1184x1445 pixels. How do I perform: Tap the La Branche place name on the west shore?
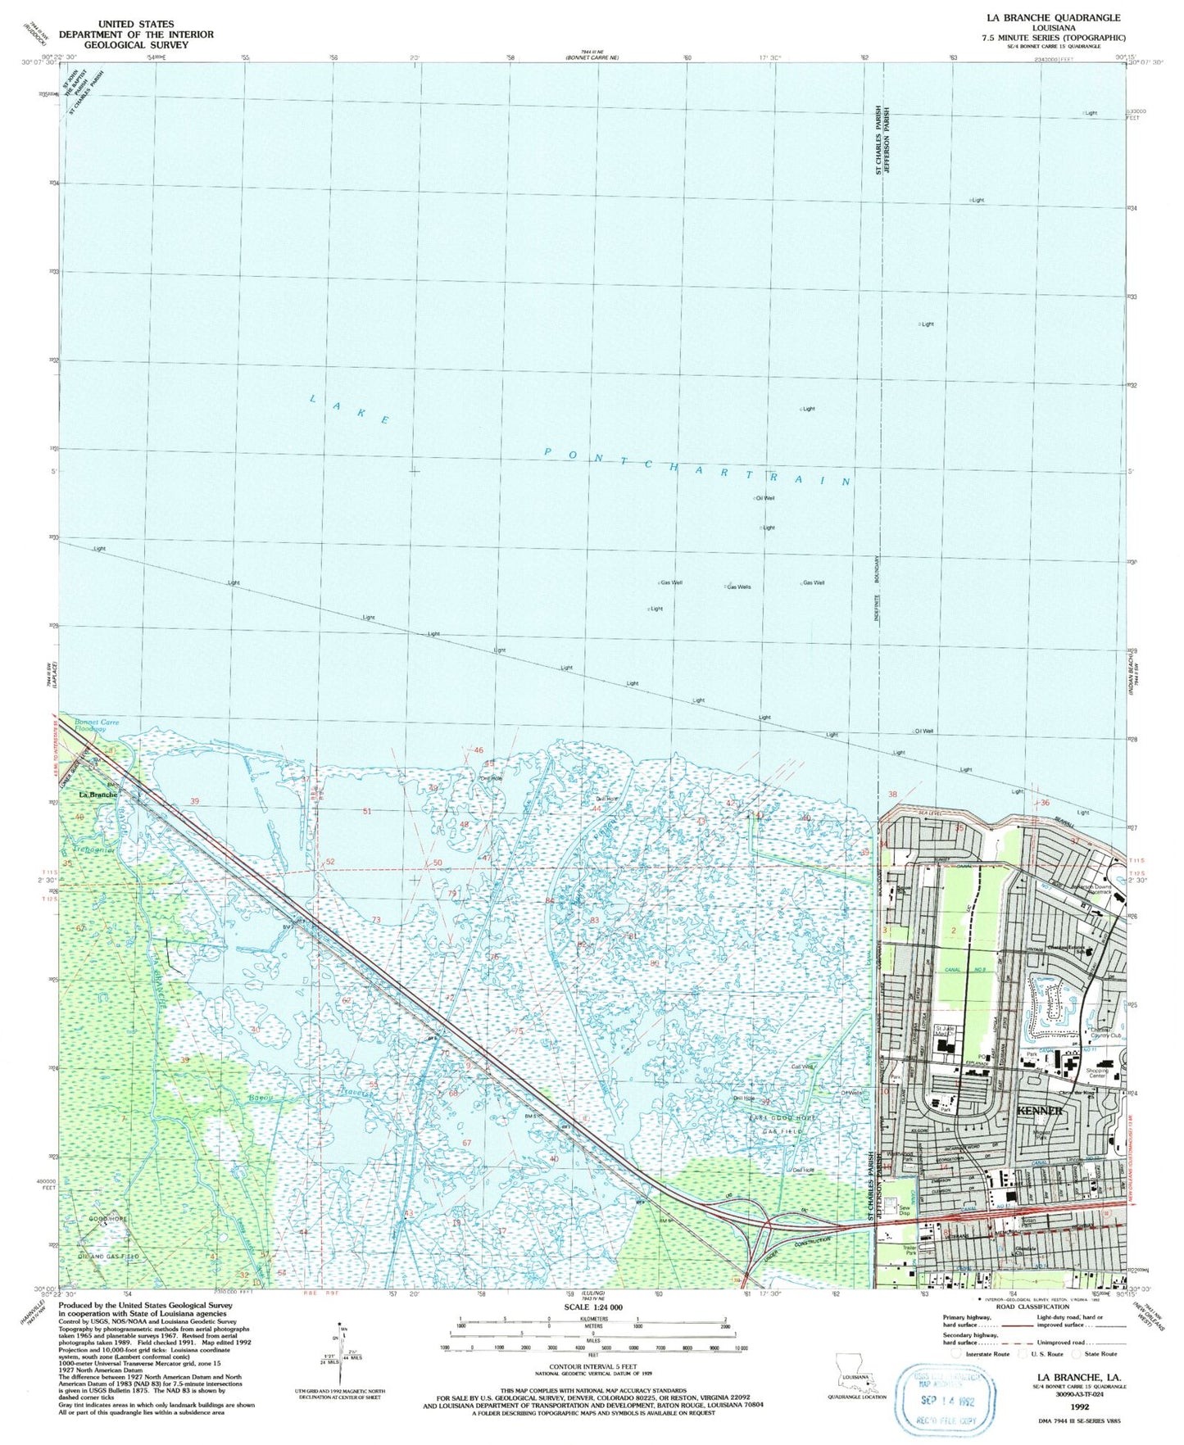click(98, 795)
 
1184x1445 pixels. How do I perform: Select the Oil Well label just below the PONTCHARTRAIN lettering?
click(764, 498)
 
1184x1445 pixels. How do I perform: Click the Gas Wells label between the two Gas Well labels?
click(738, 587)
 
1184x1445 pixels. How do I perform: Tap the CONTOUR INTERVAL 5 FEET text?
click(593, 1366)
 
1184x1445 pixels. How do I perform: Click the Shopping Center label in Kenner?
click(1096, 1073)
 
